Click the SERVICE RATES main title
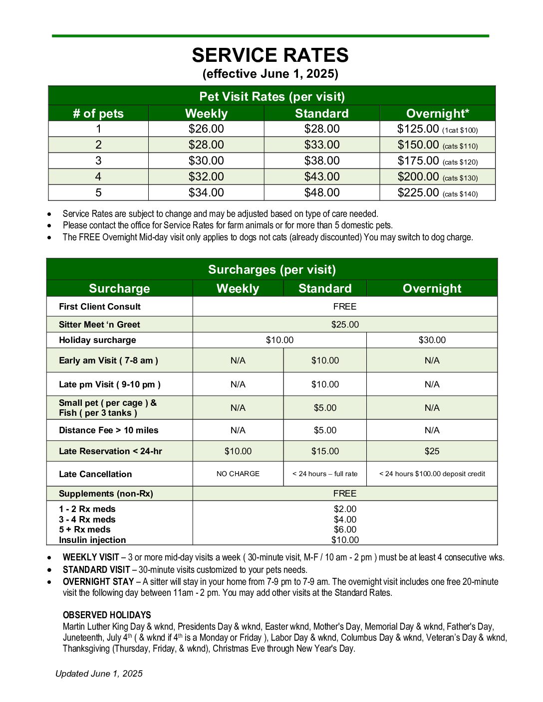270,55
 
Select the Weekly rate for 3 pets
206,161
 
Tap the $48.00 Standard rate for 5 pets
322,192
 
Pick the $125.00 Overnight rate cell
418,129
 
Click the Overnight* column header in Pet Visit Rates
437,113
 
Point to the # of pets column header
98,113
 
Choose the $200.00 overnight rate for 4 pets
418,176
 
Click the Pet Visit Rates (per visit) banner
272,96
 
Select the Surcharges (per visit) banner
272,270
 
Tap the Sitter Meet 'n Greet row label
99,325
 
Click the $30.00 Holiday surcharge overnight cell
432,340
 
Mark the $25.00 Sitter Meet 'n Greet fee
345,325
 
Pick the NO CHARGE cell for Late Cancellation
238,474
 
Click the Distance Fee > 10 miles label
108,430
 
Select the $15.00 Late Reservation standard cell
325,451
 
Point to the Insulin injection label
92,540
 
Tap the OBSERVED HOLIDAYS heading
107,615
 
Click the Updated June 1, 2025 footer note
99,674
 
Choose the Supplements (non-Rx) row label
106,494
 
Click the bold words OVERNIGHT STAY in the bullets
98,582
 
